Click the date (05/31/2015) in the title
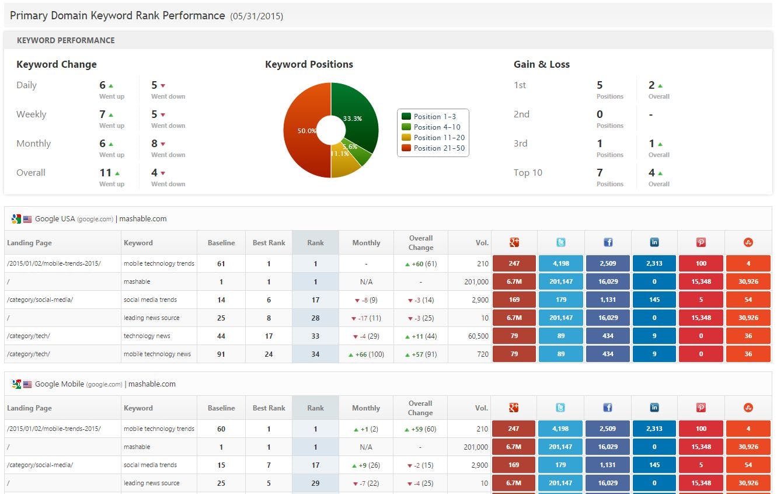coord(256,16)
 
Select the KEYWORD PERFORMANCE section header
coord(65,40)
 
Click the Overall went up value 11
coord(106,173)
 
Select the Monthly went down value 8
coord(155,144)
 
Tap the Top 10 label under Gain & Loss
coord(528,173)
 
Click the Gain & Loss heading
coord(541,64)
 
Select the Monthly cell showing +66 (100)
coord(366,354)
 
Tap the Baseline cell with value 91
coord(221,354)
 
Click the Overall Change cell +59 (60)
coord(420,429)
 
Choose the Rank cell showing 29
coord(315,483)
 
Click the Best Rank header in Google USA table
coord(269,243)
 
